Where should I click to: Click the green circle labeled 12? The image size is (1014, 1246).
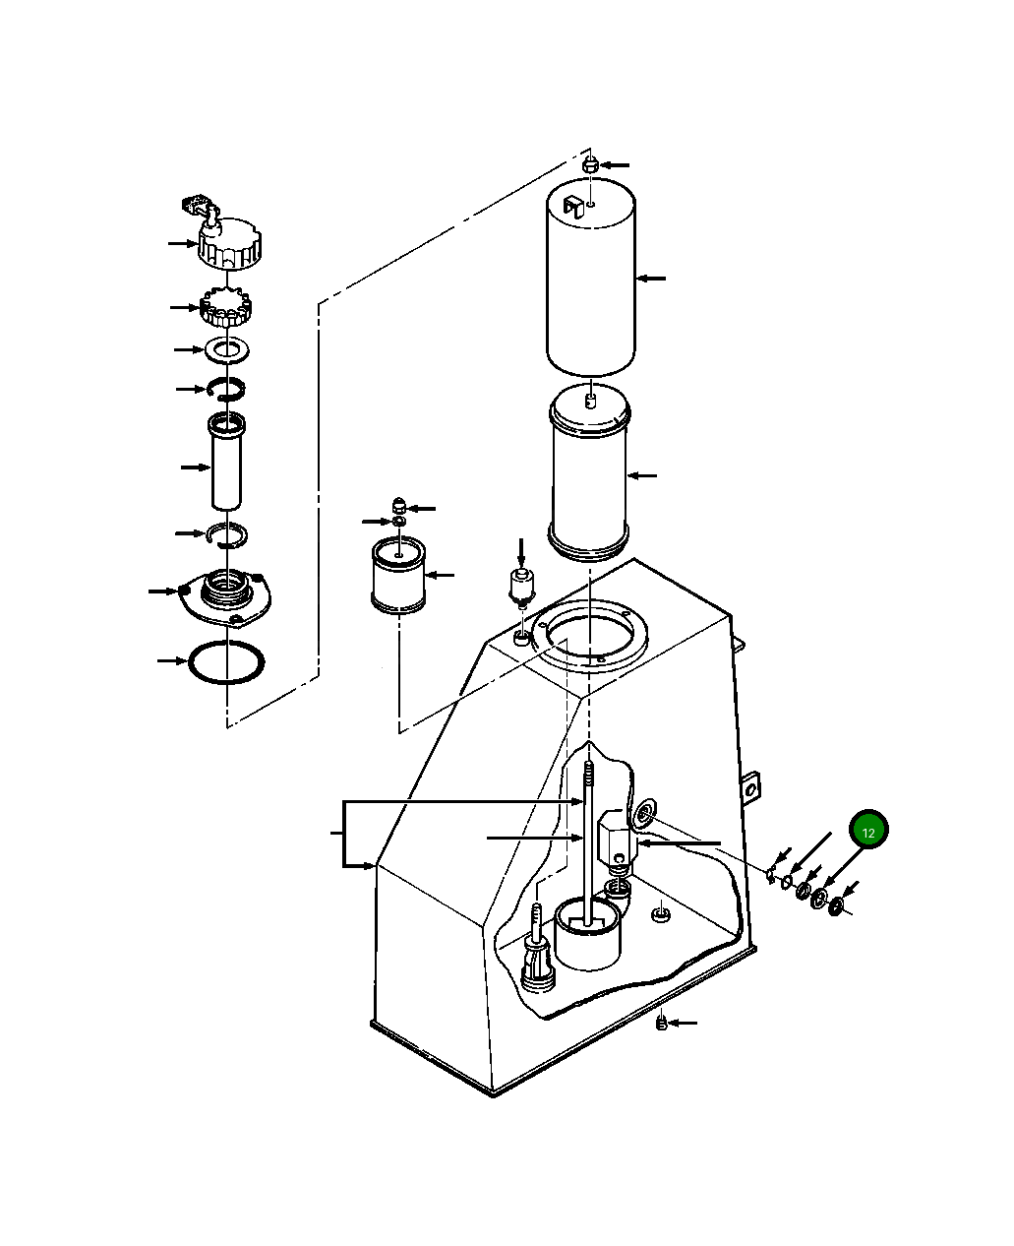[x=868, y=832]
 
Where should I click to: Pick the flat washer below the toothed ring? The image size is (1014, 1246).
[x=227, y=349]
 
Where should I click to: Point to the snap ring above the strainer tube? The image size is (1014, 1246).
[x=227, y=390]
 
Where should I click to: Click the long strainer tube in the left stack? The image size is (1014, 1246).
[x=227, y=463]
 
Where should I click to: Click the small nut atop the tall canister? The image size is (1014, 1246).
[x=589, y=164]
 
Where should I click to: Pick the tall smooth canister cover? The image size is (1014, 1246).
[x=590, y=280]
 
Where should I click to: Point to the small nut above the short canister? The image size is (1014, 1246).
[x=399, y=506]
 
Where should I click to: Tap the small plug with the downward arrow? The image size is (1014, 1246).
[x=520, y=585]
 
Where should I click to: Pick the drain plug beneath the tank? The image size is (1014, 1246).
[x=662, y=1024]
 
